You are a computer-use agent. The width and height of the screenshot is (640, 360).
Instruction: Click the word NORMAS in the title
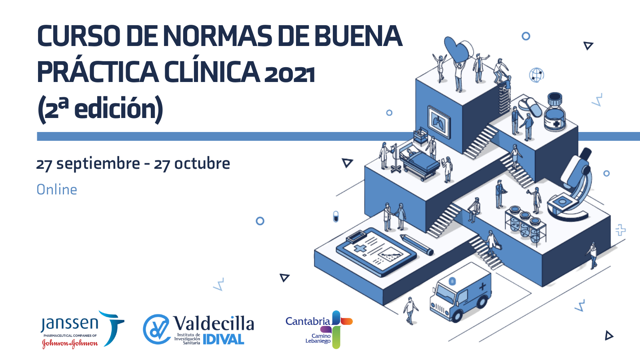click(x=218, y=36)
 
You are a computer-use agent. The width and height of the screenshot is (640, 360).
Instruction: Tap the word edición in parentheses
click(x=115, y=108)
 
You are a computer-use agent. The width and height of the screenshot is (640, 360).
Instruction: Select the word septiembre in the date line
click(x=98, y=164)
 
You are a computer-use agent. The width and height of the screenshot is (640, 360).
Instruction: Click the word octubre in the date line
click(x=202, y=163)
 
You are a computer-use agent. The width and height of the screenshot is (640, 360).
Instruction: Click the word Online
click(x=57, y=190)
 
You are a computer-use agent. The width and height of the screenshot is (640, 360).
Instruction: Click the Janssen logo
click(x=82, y=328)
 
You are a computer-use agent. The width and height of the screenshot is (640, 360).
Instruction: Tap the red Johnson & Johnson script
click(x=70, y=343)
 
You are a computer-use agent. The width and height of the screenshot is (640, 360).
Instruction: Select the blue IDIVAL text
click(x=224, y=339)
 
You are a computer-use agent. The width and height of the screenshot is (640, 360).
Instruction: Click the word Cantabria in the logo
click(x=308, y=322)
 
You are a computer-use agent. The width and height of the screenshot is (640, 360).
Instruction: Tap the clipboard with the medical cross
click(x=376, y=252)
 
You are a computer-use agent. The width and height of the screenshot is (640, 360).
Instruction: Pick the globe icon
click(x=536, y=75)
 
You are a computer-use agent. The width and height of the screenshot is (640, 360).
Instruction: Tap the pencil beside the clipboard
click(x=416, y=245)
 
